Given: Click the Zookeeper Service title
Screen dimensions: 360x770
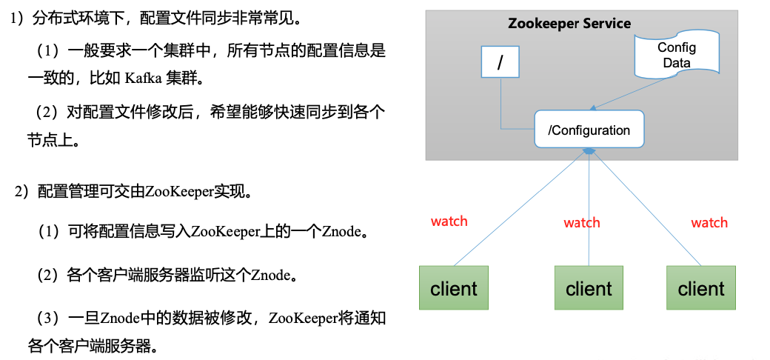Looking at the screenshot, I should pyautogui.click(x=569, y=23).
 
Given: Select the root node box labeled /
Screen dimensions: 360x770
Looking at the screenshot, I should pyautogui.click(x=500, y=62).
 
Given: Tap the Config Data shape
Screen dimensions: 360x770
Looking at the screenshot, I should pyautogui.click(x=676, y=56).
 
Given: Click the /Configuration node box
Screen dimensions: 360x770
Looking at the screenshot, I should pyautogui.click(x=589, y=130).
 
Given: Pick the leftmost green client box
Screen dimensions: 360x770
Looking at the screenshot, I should pyautogui.click(x=454, y=288).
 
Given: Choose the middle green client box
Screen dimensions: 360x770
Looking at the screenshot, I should pyautogui.click(x=589, y=288).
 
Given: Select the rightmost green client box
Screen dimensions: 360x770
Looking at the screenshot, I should pyautogui.click(x=701, y=288).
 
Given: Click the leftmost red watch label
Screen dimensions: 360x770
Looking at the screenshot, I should pyautogui.click(x=449, y=221).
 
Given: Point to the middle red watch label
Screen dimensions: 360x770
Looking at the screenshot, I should pyautogui.click(x=582, y=222).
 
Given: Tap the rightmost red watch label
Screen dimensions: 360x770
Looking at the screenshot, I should pyautogui.click(x=709, y=222).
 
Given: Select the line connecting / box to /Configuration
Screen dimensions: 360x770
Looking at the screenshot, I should pyautogui.click(x=502, y=111).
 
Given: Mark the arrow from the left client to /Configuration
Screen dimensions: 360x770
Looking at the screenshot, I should pyautogui.click(x=518, y=207).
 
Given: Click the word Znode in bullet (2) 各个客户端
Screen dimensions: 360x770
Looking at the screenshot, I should pyautogui.click(x=271, y=276).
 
